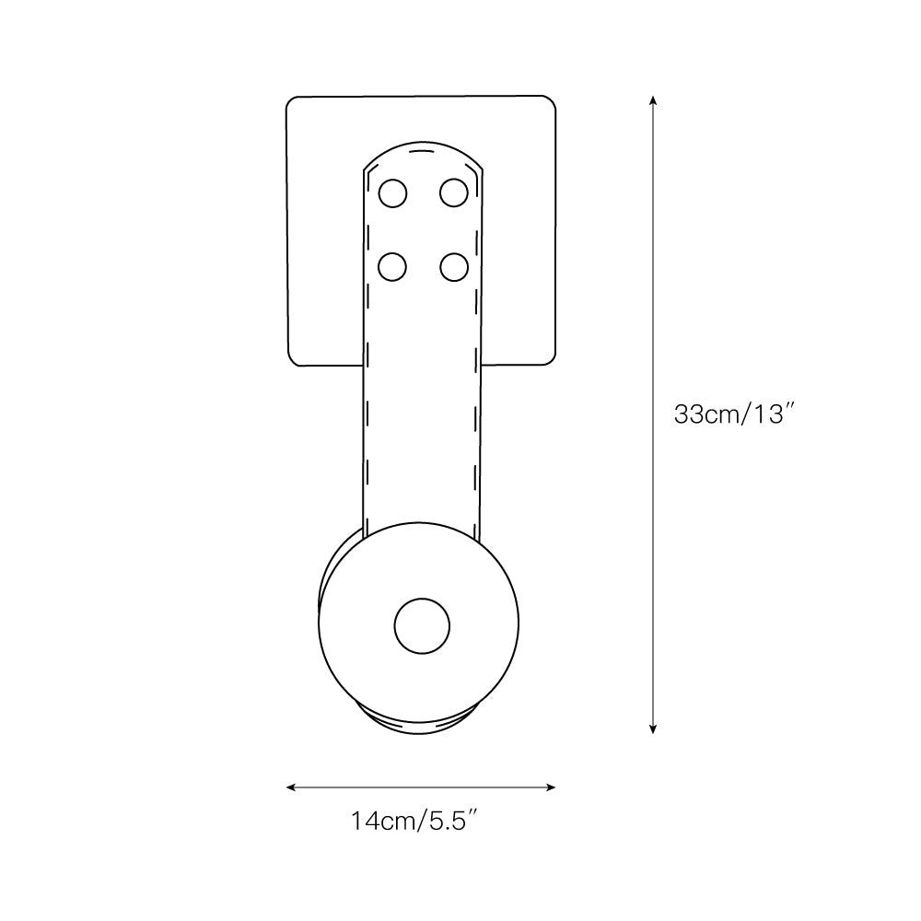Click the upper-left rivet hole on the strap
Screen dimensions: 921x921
(393, 193)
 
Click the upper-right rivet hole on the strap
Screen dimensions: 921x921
(453, 193)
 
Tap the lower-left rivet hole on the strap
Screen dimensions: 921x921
(393, 266)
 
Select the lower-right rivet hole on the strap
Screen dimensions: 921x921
(453, 266)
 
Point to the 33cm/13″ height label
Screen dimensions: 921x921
(734, 414)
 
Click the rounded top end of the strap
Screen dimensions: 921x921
(422, 149)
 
